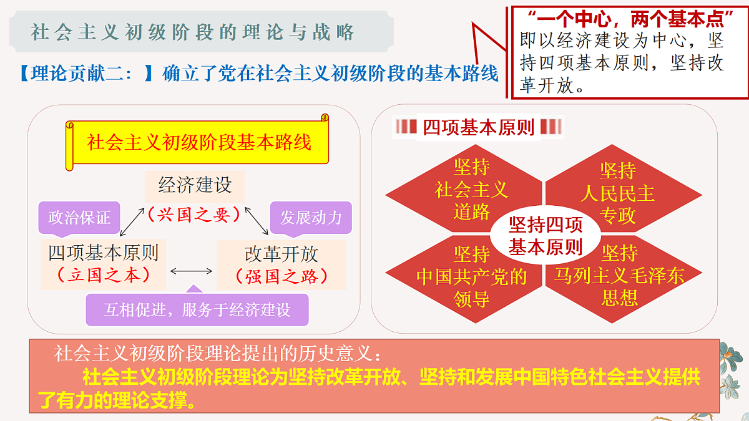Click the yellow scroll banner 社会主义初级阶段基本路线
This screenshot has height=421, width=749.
(x=197, y=142)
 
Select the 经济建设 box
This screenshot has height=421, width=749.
(x=195, y=186)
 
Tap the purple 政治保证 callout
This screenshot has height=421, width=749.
(x=79, y=218)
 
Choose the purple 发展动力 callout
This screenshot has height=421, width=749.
(x=311, y=218)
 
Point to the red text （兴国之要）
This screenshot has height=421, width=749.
(x=194, y=215)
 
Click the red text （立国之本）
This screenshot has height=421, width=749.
(x=104, y=275)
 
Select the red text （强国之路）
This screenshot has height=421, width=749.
(x=281, y=277)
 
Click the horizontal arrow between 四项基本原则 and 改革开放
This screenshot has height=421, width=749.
(x=191, y=271)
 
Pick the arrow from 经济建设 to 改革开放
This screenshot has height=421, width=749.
(x=257, y=221)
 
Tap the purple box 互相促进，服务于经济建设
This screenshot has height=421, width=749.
(x=197, y=309)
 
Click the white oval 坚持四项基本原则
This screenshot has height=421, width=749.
(x=546, y=235)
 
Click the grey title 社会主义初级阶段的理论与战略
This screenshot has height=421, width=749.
(x=192, y=32)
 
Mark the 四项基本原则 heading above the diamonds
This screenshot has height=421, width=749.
(x=478, y=127)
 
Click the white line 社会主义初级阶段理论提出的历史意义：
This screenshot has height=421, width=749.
(x=217, y=353)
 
